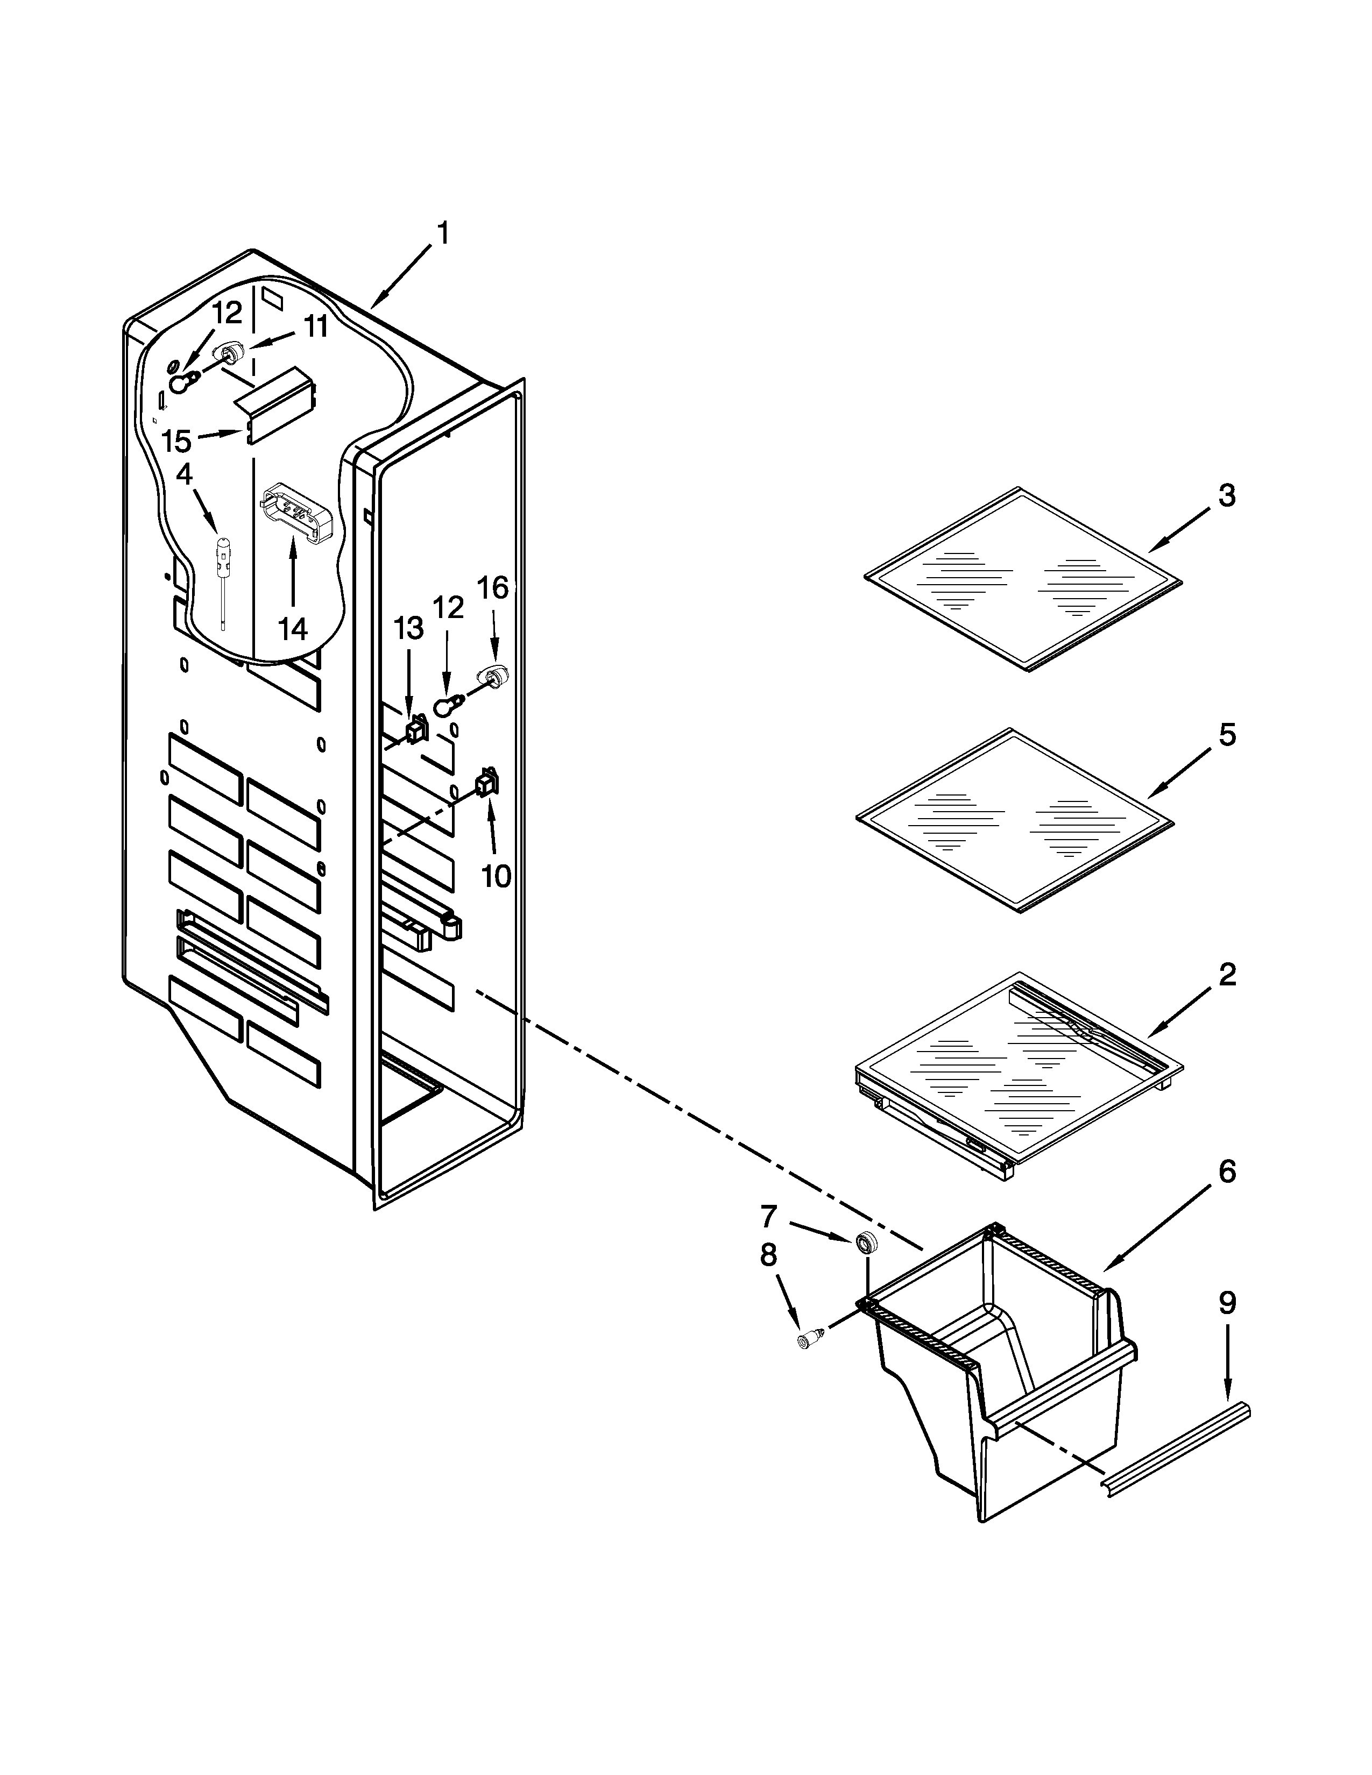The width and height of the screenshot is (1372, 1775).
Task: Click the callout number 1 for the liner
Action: (x=442, y=234)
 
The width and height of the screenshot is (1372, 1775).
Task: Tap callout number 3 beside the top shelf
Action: (x=1227, y=495)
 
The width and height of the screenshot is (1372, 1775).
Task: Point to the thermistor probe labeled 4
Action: (x=222, y=569)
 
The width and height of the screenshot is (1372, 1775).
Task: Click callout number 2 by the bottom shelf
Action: (x=1227, y=975)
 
